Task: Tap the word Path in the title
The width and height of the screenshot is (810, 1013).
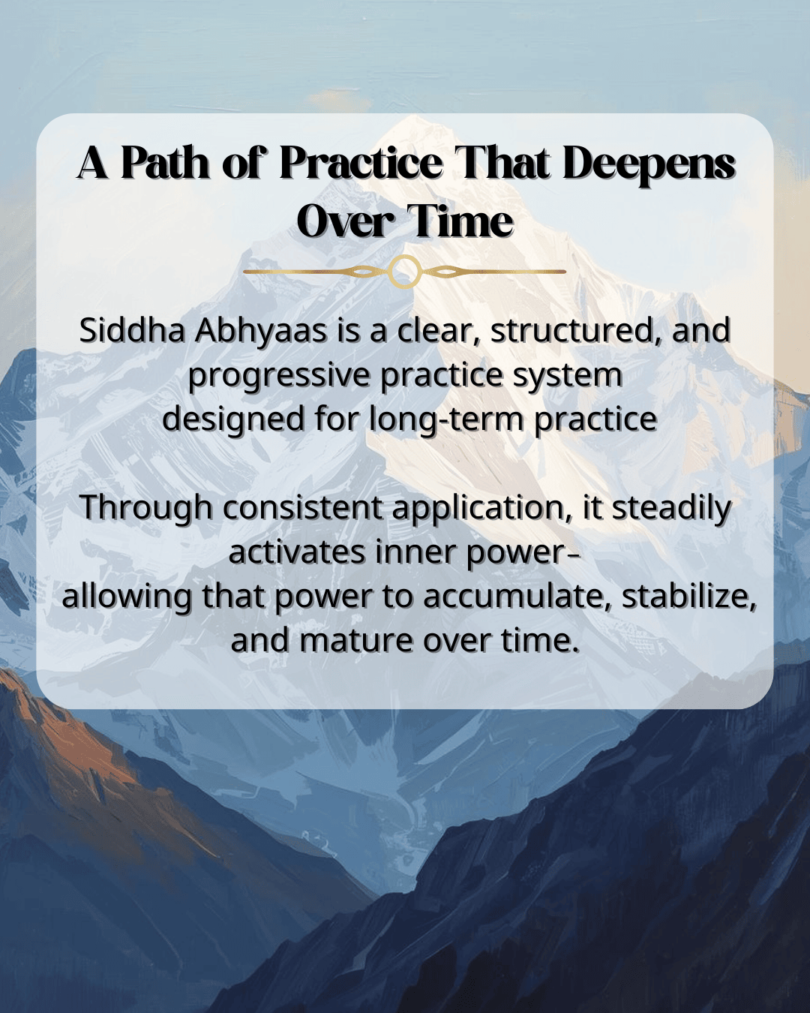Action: (x=165, y=163)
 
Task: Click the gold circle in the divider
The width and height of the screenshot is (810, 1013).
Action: (x=404, y=271)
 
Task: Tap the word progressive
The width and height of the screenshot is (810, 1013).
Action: (x=280, y=376)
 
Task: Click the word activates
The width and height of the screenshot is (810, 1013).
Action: (x=297, y=552)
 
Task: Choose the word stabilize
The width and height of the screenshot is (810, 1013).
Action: (x=689, y=597)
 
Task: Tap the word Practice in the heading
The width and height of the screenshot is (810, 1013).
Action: (x=361, y=163)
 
